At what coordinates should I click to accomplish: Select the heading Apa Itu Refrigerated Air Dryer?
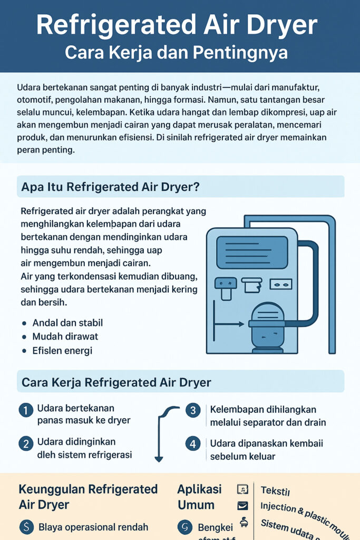(110, 187)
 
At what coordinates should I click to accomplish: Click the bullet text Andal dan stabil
(67, 323)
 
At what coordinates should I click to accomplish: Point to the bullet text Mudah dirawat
(65, 336)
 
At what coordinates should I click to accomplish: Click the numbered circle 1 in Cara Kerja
(25, 410)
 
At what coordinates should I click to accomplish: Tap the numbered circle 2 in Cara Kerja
(25, 443)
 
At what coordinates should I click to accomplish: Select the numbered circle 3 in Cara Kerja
(193, 410)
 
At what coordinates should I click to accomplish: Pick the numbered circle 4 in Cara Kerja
(193, 443)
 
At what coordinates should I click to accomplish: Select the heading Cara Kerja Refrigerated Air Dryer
(116, 381)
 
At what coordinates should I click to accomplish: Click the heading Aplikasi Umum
(199, 497)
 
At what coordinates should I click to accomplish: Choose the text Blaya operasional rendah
(93, 527)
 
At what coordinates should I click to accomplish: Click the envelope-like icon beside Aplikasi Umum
(242, 506)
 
